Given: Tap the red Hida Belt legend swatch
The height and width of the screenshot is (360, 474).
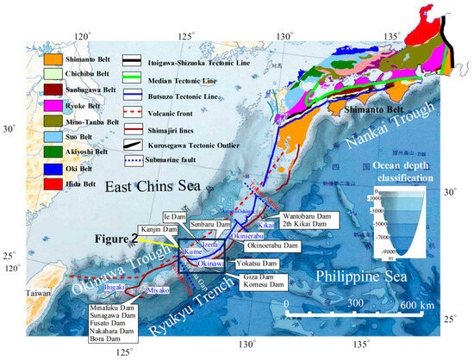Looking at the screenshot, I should click(53, 183).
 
